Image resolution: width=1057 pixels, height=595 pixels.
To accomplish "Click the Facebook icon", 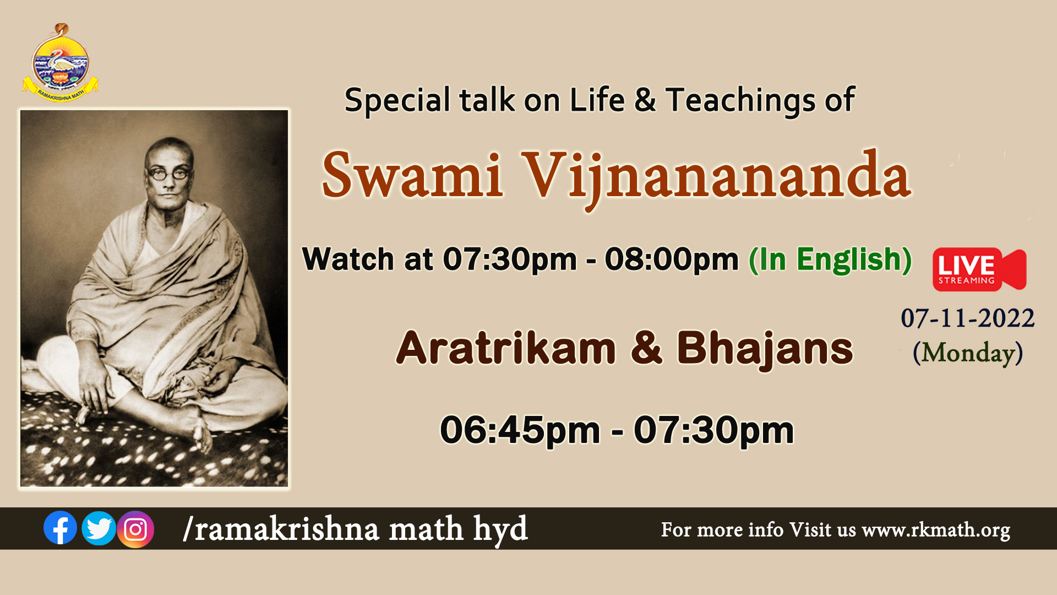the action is point(60,528).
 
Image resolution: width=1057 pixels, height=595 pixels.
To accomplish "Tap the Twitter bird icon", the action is point(99,528).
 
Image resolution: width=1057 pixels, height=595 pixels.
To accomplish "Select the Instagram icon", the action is point(135,529).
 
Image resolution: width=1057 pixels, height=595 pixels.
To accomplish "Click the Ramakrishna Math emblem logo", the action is point(61,63).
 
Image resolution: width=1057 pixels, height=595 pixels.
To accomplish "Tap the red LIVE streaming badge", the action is point(979,269).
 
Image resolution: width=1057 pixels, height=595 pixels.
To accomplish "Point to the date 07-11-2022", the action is point(967,318).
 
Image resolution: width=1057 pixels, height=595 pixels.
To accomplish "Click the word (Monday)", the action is point(967,353).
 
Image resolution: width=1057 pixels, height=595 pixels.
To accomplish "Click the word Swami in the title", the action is point(412,175).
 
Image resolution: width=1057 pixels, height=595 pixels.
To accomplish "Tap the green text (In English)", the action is point(830,259).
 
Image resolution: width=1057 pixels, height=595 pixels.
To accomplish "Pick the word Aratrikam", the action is point(506,348).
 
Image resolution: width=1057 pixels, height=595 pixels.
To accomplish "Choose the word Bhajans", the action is point(765,349).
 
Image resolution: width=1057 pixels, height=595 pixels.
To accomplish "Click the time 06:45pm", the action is point(520,430).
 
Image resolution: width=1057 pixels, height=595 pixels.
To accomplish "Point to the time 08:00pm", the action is point(672,259).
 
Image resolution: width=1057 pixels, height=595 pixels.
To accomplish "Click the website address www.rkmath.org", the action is point(936,530).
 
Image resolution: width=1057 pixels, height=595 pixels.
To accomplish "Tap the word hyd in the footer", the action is point(500,529).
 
